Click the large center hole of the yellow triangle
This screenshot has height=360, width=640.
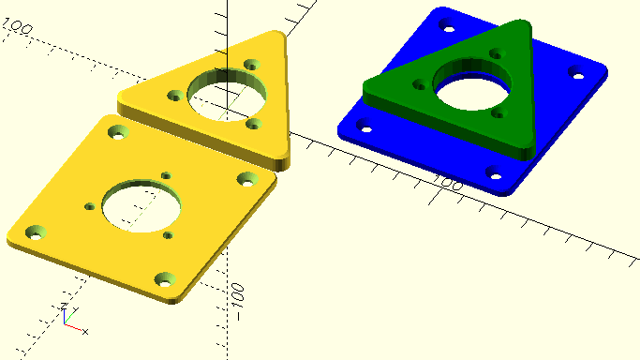(227, 95)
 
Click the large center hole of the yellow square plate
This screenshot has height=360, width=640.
(141, 205)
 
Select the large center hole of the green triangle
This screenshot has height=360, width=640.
(472, 84)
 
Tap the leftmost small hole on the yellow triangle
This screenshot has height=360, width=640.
(175, 96)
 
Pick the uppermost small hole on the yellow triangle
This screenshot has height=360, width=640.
(252, 65)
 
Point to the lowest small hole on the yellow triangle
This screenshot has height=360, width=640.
(254, 124)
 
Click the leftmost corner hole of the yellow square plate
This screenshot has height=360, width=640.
(36, 232)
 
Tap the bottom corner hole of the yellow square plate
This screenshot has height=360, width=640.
(165, 279)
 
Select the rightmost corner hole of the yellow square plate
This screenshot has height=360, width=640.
(247, 180)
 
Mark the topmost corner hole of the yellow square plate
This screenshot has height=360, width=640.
(118, 132)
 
